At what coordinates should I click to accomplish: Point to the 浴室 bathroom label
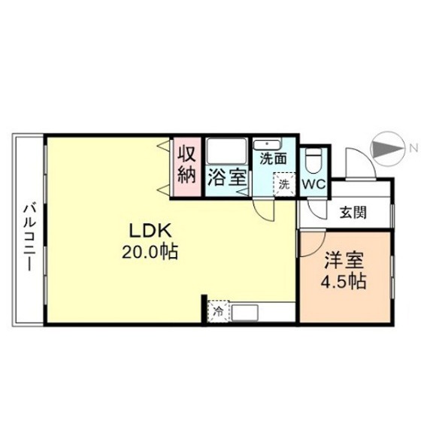226,178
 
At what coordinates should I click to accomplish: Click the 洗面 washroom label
274,159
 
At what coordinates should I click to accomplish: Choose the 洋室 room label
344,263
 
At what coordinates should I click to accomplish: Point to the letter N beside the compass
412,147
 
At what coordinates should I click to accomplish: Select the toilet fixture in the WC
313,160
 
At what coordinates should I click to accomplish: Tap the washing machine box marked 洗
284,183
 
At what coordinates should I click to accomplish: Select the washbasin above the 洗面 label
267,144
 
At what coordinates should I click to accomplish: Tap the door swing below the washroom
264,210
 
